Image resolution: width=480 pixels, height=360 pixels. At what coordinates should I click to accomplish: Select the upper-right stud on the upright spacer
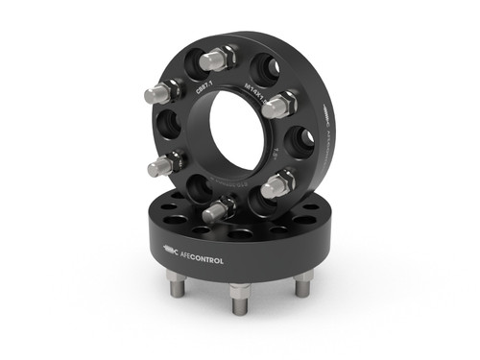pos(279,102)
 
